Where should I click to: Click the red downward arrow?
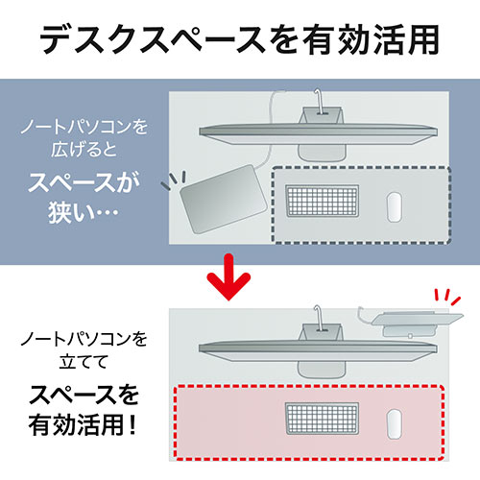point(228,276)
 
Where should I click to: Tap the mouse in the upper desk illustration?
point(395,207)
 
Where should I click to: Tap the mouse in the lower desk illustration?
point(395,424)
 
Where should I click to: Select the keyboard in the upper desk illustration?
point(322,201)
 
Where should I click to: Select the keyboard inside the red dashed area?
point(322,419)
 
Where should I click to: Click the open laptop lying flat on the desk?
point(224,199)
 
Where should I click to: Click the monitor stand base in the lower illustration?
point(323,370)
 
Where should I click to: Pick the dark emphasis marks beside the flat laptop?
point(174,180)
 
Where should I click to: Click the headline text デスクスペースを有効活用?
point(239,40)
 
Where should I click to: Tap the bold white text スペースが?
point(84,182)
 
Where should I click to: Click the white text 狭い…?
point(84,212)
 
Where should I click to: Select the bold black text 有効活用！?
point(83,425)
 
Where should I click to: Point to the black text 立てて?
point(84,362)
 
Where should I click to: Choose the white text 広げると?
point(84,150)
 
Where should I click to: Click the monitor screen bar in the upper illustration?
point(319,134)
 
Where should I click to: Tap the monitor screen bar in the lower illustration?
point(319,351)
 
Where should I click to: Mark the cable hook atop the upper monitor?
point(319,100)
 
